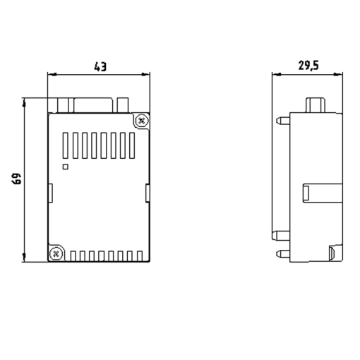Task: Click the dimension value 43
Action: [100, 66]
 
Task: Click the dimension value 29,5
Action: [308, 66]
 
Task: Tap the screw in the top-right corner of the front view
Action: [142, 121]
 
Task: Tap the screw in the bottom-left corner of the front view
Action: [56, 252]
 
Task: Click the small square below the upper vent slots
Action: [66, 167]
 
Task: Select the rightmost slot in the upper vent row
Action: [131, 146]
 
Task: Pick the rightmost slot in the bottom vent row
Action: [139, 256]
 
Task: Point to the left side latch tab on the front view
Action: [51, 191]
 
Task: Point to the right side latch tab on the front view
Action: [148, 191]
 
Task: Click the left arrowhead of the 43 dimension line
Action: [52, 73]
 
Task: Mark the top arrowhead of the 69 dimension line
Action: [25, 102]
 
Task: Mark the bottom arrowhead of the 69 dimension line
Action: [25, 258]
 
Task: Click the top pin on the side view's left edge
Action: [280, 121]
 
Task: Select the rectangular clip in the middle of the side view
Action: [319, 192]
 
